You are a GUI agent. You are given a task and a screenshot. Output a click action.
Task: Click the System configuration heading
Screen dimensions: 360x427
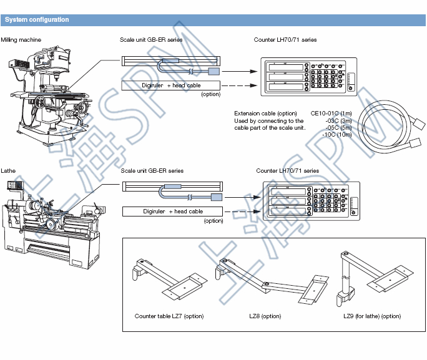pyautogui.click(x=37, y=20)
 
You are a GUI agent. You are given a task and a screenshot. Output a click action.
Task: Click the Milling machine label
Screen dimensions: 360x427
pyautogui.click(x=21, y=39)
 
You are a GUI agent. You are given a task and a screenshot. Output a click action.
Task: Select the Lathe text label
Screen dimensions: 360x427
pyautogui.click(x=9, y=170)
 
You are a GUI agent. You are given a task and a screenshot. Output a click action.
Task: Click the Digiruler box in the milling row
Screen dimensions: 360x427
pyautogui.click(x=171, y=85)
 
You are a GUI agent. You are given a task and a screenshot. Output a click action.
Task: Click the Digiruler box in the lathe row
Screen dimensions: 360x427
pyautogui.click(x=172, y=212)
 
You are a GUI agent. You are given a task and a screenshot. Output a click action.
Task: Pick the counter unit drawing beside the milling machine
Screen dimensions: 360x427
pyautogui.click(x=308, y=76)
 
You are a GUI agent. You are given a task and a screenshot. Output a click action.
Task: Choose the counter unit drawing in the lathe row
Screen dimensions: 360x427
pyautogui.click(x=312, y=202)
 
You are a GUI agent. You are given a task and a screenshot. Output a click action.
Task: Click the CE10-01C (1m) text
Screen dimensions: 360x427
pyautogui.click(x=331, y=113)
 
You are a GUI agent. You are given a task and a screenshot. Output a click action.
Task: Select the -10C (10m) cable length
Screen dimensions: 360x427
pyautogui.click(x=336, y=135)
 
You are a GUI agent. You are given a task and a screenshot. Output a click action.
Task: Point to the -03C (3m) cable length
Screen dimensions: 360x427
pyautogui.click(x=338, y=120)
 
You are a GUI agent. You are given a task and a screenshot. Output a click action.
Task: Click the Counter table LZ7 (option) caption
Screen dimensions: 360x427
pyautogui.click(x=169, y=316)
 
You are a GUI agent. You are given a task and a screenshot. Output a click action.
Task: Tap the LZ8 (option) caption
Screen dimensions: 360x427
pyautogui.click(x=265, y=316)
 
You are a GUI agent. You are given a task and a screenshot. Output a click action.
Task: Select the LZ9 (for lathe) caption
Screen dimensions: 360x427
pyautogui.click(x=372, y=316)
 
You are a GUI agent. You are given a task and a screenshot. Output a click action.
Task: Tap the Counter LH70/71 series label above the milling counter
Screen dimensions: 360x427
pyautogui.click(x=285, y=39)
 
